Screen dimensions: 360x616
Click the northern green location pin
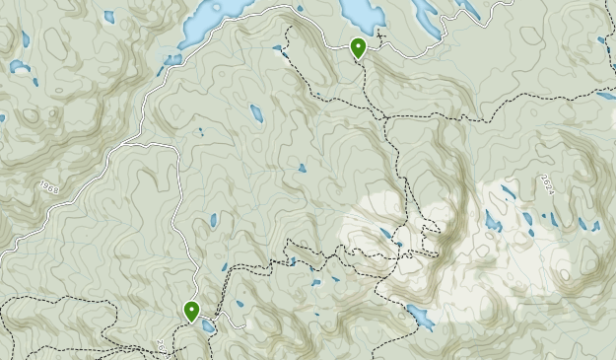pyautogui.click(x=359, y=46)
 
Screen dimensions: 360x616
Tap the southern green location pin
pyautogui.click(x=191, y=311)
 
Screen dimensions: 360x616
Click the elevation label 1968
pyautogui.click(x=50, y=185)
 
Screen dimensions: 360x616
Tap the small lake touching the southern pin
pyautogui.click(x=206, y=325)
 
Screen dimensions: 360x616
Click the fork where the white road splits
pyautogui.click(x=176, y=146)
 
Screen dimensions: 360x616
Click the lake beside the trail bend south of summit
pyautogui.click(x=421, y=318)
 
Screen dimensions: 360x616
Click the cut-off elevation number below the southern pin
pyautogui.click(x=160, y=346)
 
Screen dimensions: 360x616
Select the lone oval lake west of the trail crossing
pyautogui.click(x=256, y=112)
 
